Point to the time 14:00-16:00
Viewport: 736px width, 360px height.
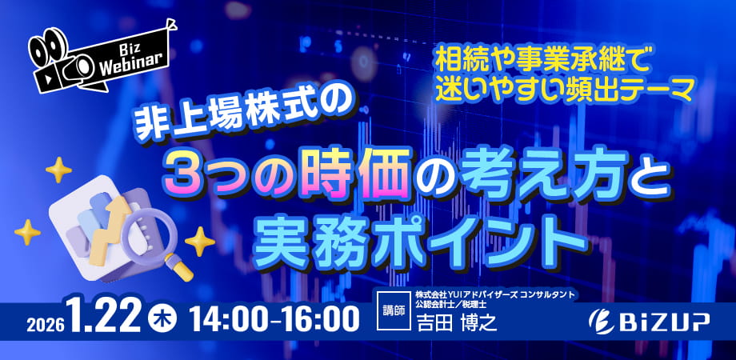(275, 318)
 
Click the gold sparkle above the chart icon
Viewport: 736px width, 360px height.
(58, 170)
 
